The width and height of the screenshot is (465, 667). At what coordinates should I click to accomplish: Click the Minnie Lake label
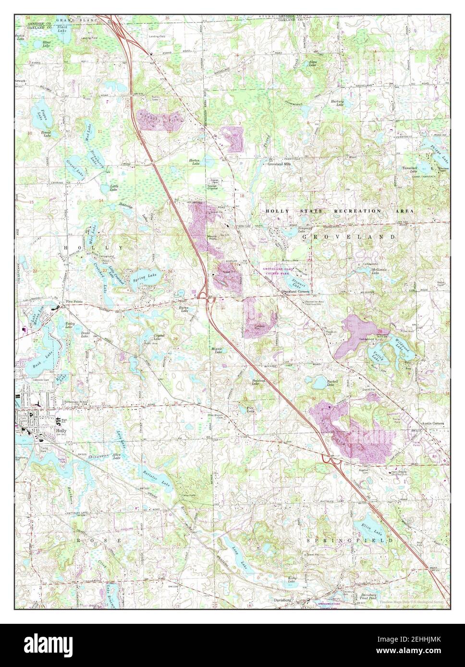(218, 352)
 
